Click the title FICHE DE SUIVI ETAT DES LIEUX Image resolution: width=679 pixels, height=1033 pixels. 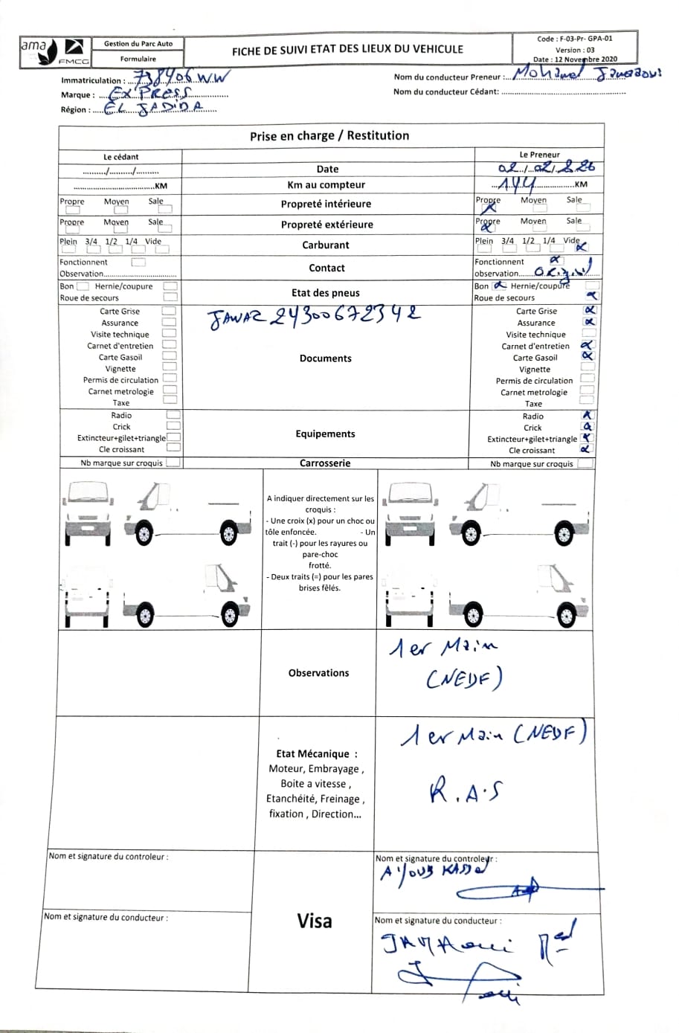coord(347,50)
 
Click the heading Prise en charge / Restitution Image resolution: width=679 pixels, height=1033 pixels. coord(329,135)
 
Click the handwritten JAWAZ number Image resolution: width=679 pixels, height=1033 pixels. coord(312,318)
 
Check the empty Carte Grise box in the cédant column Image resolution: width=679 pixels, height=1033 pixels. coord(169,311)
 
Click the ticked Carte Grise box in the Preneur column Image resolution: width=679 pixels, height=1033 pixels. coord(589,310)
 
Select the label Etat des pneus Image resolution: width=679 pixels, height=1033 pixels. coord(326,293)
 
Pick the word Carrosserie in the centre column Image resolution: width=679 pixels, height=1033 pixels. coord(325,463)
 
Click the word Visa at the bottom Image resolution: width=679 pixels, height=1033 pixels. coord(315,921)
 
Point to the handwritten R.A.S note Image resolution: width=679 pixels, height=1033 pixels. coord(466,791)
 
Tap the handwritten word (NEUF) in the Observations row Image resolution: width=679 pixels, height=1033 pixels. coord(464,678)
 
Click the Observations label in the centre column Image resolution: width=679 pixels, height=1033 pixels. coord(318,673)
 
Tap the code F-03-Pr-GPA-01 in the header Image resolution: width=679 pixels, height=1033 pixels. coord(575,39)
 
